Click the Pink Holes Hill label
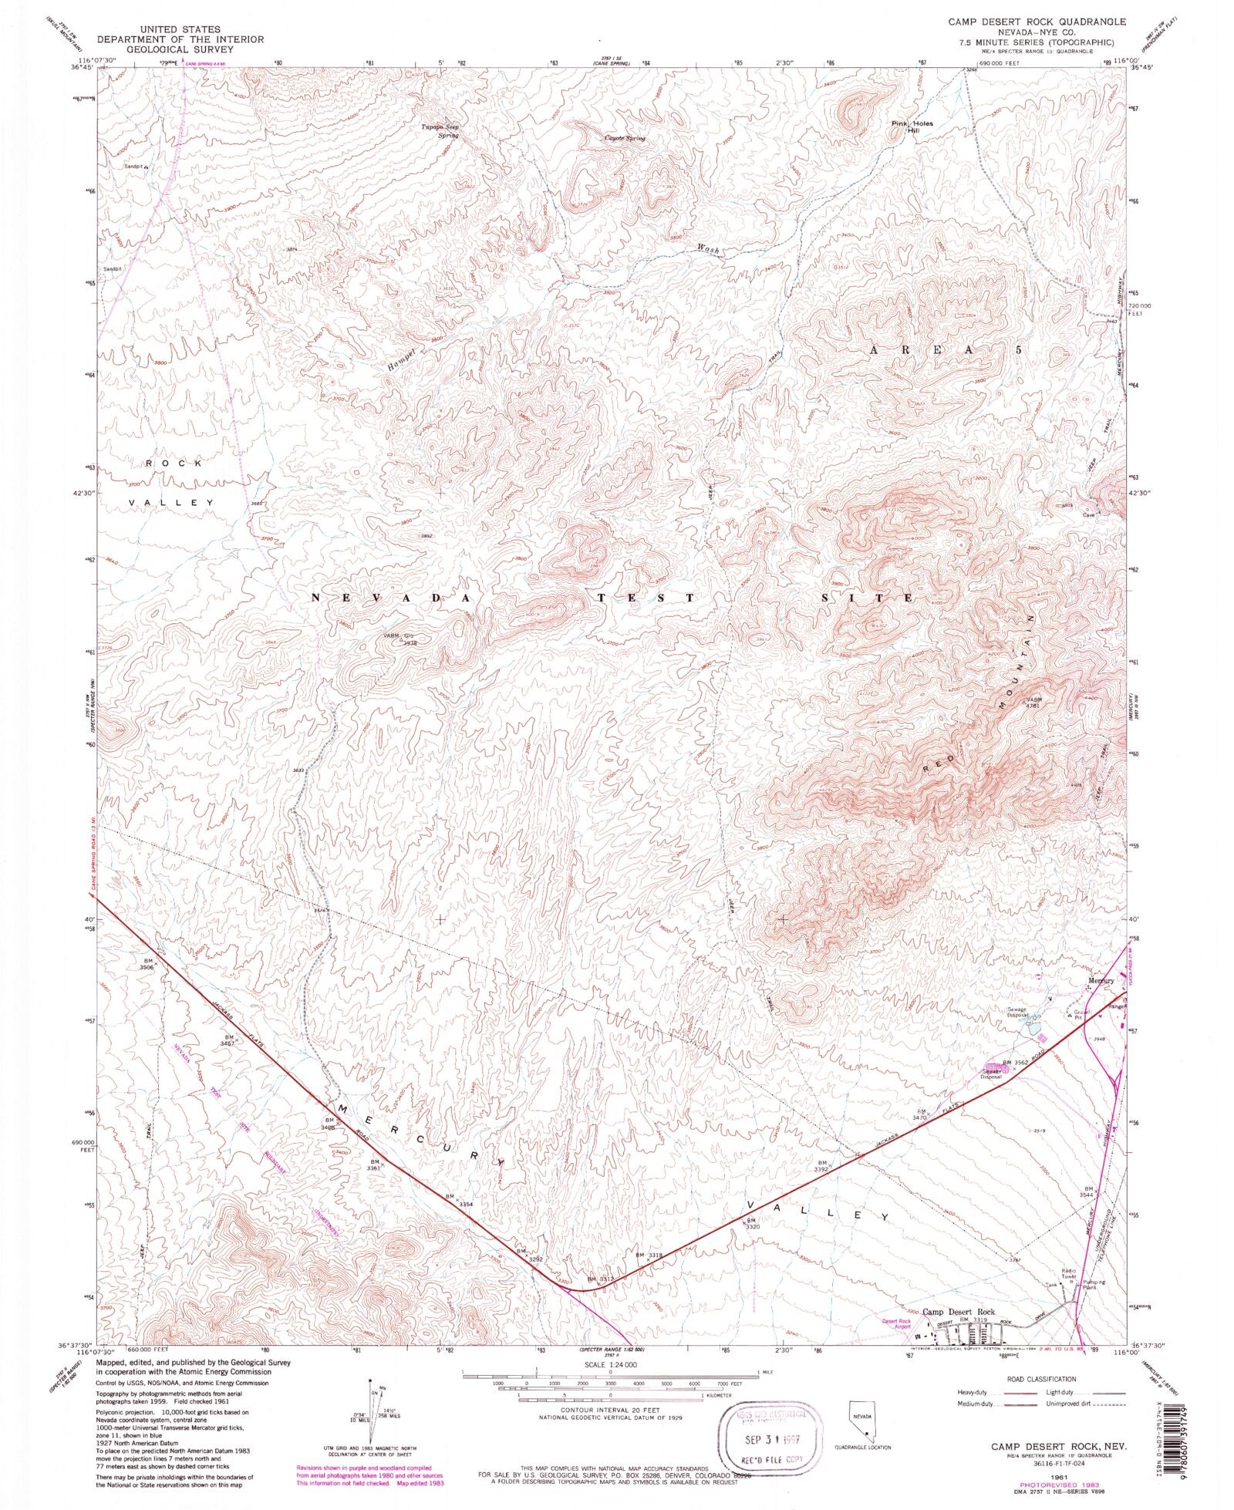911,127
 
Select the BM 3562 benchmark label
1013,1062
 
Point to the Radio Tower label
1068,1273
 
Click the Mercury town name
1101,981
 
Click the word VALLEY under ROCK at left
171,502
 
